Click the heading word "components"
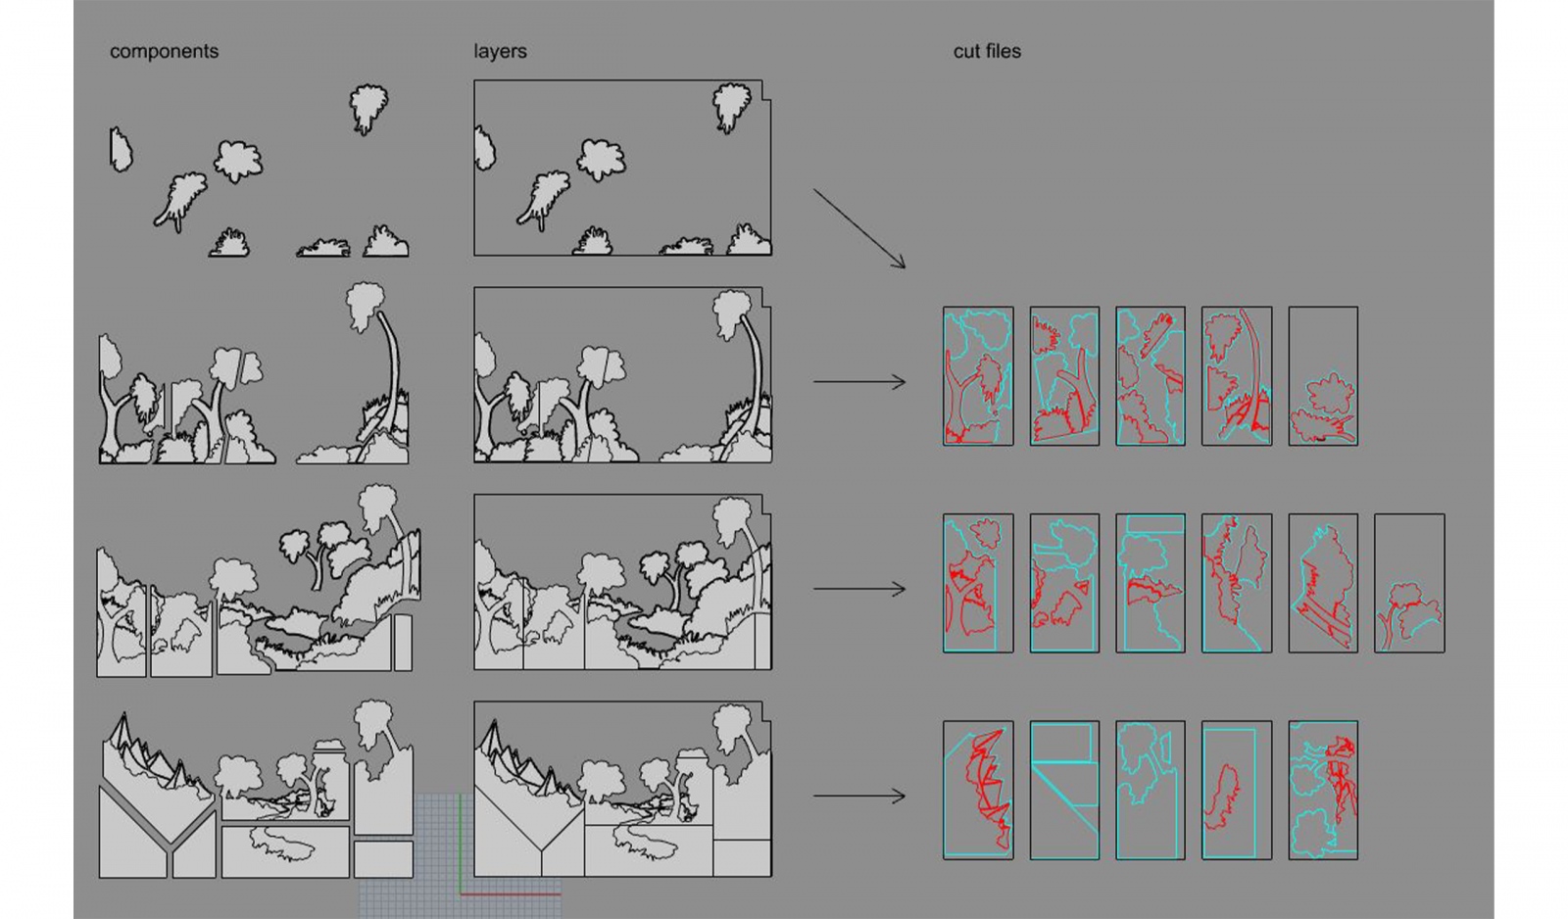point(164,52)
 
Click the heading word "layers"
point(500,52)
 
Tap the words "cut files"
point(987,51)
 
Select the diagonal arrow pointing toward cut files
point(859,228)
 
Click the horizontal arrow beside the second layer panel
point(859,381)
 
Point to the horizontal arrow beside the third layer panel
point(859,589)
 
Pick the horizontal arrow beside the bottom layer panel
point(859,796)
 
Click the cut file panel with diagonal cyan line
point(1064,791)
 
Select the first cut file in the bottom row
point(978,791)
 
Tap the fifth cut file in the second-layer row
point(1323,376)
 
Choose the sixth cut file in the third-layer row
point(1409,583)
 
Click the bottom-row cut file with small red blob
point(1237,791)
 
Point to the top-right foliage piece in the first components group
point(368,109)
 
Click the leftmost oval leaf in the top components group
point(121,150)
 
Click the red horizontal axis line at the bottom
point(511,894)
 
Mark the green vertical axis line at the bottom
point(460,845)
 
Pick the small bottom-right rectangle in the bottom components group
point(383,859)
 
